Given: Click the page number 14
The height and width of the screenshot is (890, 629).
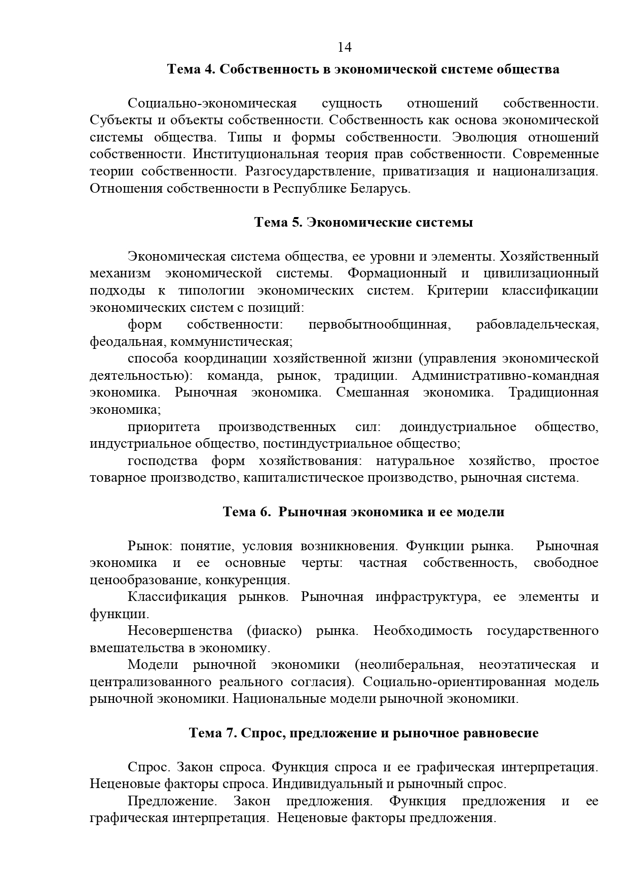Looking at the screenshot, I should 344,47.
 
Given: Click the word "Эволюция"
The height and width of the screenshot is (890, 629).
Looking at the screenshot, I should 484,137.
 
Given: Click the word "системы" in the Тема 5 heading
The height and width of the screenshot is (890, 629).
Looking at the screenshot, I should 447,223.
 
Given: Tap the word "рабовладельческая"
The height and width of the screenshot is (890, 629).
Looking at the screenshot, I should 537,325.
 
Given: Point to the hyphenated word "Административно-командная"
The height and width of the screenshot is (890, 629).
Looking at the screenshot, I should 505,376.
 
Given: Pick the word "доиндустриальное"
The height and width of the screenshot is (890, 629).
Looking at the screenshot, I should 458,427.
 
